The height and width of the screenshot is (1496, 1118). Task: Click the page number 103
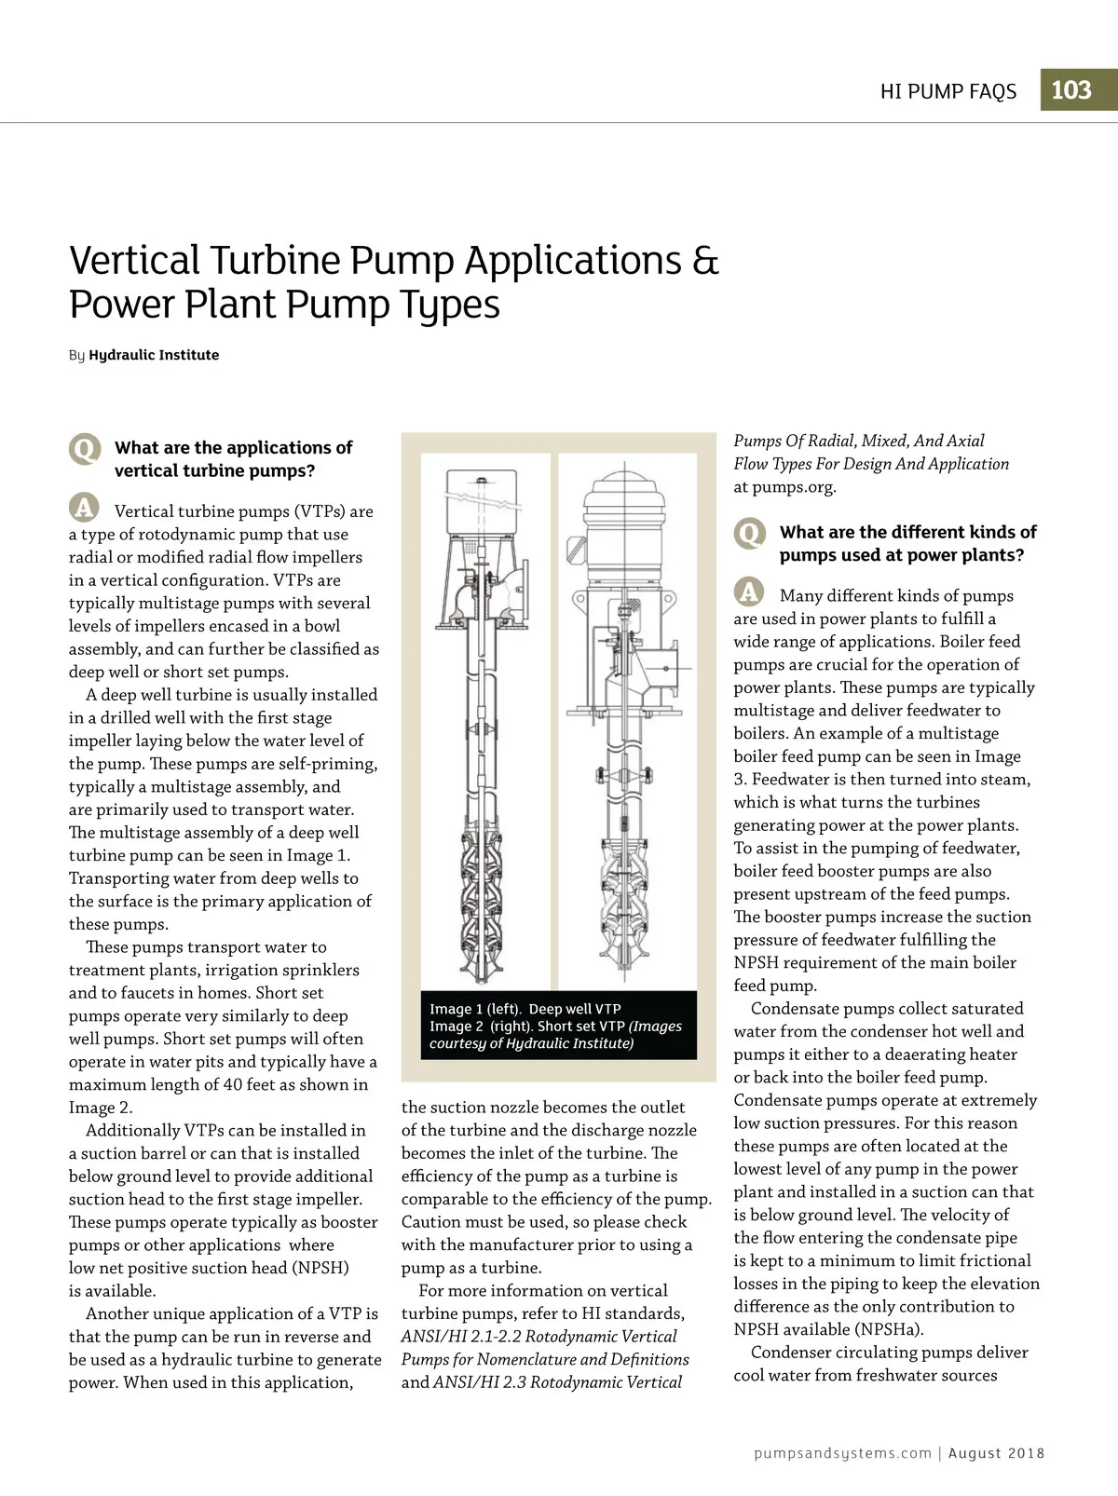[1071, 90]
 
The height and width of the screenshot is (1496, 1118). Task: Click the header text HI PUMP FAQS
[948, 91]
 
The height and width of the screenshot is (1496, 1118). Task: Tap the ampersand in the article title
[705, 260]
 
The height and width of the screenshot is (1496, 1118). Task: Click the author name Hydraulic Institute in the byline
[154, 355]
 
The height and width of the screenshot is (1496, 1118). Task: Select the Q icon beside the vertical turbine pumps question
[84, 449]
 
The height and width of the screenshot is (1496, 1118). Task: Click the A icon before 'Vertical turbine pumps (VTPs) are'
[84, 508]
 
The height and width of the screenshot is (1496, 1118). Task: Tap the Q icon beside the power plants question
[749, 534]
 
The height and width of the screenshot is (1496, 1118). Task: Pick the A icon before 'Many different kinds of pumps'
[749, 592]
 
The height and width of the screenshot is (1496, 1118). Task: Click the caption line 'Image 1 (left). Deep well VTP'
[525, 1009]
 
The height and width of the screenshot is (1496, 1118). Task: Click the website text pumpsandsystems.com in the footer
[842, 1453]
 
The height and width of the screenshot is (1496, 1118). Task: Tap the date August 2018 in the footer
[996, 1453]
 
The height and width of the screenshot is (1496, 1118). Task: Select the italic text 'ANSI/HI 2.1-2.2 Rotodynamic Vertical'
[539, 1337]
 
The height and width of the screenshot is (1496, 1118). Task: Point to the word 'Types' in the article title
[451, 305]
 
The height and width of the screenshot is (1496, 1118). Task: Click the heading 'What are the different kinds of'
[907, 532]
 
